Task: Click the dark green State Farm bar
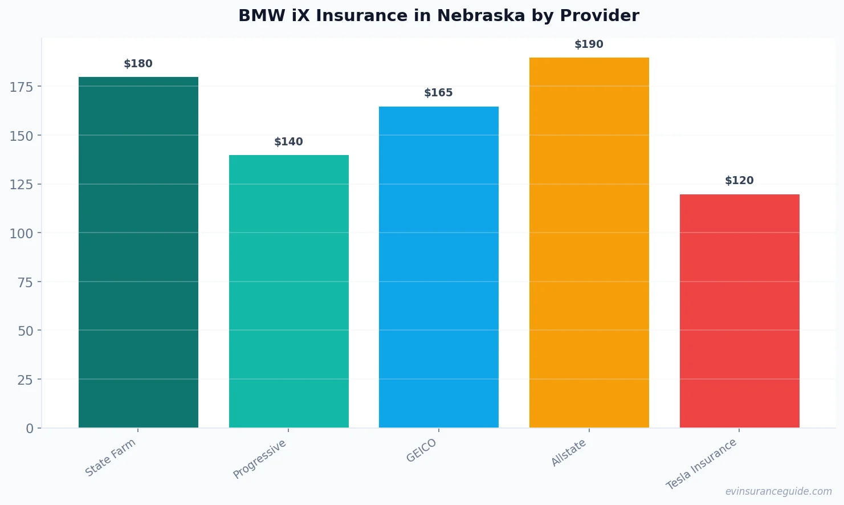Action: (138, 252)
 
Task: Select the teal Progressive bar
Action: (288, 291)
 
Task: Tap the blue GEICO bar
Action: (438, 267)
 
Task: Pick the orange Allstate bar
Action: (589, 242)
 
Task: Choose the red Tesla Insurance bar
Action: (739, 311)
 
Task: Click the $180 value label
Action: (138, 64)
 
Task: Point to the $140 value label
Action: (288, 142)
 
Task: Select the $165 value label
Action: (438, 93)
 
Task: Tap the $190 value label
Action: (589, 44)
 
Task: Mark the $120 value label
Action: (739, 181)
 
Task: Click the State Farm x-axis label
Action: (111, 458)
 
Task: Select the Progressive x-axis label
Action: (260, 459)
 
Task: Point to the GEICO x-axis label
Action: (422, 450)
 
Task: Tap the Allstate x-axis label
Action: (569, 453)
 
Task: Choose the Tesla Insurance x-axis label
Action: (702, 464)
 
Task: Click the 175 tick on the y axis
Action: (21, 87)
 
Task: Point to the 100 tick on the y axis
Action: (21, 233)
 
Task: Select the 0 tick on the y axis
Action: (30, 429)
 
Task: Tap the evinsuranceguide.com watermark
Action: (778, 491)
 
